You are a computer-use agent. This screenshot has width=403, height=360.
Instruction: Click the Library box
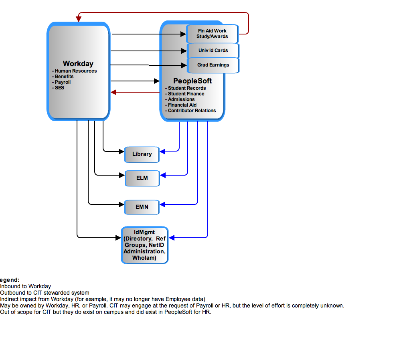(x=142, y=154)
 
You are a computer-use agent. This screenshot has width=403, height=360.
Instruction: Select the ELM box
(x=142, y=178)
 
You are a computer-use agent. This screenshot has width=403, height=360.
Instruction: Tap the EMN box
(x=142, y=207)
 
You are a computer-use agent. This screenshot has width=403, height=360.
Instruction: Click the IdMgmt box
(x=145, y=245)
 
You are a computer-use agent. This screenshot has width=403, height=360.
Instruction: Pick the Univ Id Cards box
(x=213, y=51)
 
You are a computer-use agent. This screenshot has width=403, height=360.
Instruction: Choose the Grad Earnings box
(x=213, y=65)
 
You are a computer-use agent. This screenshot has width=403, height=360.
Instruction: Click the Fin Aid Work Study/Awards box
(x=213, y=34)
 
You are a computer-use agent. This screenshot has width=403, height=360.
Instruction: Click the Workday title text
(x=78, y=64)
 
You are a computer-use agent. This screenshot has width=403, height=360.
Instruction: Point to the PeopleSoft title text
(x=192, y=81)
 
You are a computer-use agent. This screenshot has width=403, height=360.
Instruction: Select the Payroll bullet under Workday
(x=61, y=82)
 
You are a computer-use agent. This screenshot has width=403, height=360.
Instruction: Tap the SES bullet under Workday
(x=58, y=88)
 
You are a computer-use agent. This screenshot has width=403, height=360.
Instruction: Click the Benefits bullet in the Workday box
(x=63, y=77)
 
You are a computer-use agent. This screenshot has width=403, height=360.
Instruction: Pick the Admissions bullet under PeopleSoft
(x=180, y=99)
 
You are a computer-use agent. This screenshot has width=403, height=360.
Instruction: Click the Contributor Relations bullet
(x=190, y=111)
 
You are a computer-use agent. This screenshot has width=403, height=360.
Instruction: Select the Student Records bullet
(x=186, y=88)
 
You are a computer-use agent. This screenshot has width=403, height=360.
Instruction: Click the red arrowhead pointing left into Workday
(x=113, y=92)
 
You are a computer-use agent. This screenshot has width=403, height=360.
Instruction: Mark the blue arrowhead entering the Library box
(x=162, y=152)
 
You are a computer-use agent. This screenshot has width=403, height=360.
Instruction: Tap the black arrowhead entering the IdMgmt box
(x=118, y=238)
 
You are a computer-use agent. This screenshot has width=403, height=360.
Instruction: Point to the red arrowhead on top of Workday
(x=79, y=19)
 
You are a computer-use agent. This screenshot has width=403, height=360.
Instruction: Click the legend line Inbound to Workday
(x=25, y=287)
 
